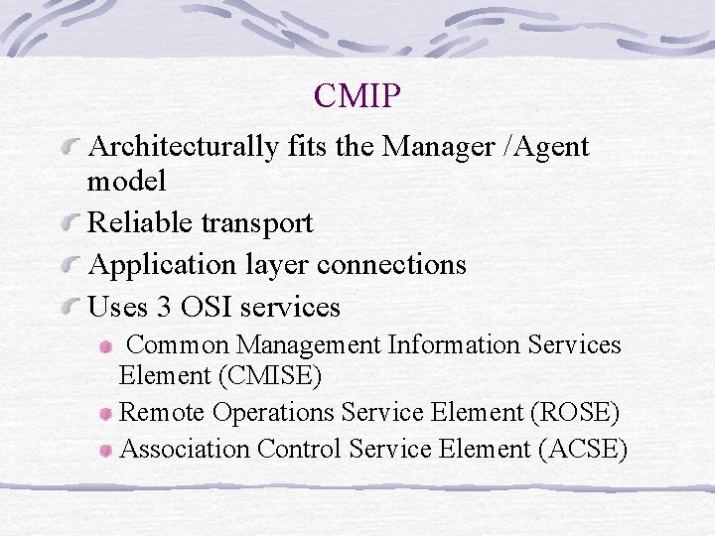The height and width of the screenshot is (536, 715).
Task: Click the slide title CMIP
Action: [357, 96]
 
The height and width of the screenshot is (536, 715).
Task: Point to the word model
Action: [127, 181]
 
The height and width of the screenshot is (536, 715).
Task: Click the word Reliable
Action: [141, 222]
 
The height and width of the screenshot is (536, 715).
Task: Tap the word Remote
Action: [162, 412]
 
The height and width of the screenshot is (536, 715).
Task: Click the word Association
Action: [184, 449]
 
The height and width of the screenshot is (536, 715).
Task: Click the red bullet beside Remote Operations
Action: [106, 414]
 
